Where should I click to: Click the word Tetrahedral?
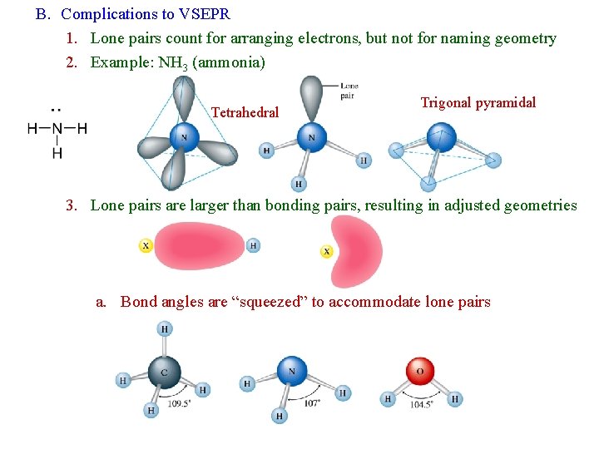[245, 112]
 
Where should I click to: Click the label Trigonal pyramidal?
[478, 103]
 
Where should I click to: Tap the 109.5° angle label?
[181, 403]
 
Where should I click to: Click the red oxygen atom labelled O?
[419, 371]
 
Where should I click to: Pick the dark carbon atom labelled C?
[164, 372]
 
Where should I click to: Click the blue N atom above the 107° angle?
[292, 370]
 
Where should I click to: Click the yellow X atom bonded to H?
[146, 245]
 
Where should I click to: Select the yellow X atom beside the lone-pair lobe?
[327, 251]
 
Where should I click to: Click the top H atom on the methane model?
[165, 329]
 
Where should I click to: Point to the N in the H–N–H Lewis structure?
[57, 129]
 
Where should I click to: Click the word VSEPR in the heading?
[203, 14]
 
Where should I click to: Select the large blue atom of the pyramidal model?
[441, 137]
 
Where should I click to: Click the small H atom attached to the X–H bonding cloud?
[253, 245]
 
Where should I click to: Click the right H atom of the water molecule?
[455, 399]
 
